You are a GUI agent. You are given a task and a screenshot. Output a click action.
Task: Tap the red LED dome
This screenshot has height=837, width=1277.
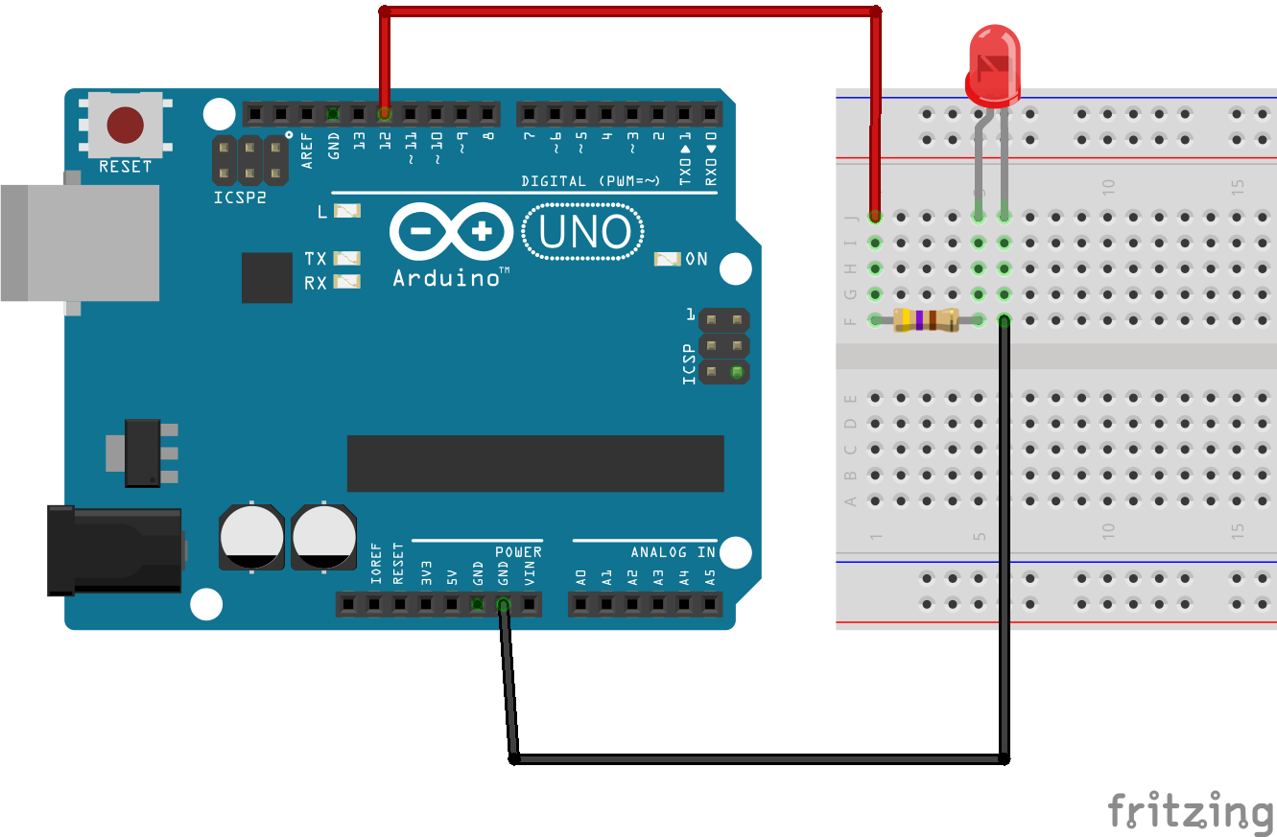point(994,63)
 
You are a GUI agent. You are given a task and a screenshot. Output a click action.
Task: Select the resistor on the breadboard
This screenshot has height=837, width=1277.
point(925,320)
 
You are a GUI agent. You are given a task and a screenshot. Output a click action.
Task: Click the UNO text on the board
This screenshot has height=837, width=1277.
point(583,233)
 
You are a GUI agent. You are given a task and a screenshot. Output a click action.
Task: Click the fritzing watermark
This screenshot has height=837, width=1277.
point(1190,812)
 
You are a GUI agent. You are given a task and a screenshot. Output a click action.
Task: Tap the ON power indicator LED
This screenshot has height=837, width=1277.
point(668,259)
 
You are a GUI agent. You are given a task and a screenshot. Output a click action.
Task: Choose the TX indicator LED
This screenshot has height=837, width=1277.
point(346,259)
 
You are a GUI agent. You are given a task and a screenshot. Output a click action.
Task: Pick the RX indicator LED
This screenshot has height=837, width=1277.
point(346,282)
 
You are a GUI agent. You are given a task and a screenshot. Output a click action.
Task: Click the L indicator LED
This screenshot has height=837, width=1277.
point(346,211)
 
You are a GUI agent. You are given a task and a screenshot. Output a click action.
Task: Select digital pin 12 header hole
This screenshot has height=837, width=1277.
point(385,114)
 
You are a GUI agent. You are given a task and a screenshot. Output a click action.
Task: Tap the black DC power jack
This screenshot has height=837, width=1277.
point(115,550)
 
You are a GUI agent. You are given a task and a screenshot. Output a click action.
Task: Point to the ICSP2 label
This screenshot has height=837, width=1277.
point(239,198)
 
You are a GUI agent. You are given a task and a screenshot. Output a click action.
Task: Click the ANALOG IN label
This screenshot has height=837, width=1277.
point(673,552)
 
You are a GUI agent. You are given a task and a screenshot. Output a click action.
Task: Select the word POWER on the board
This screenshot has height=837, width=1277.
point(518,552)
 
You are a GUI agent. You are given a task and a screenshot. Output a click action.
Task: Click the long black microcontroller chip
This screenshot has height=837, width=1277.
point(535,463)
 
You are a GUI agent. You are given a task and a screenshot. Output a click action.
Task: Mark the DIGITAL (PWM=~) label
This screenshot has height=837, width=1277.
point(590,180)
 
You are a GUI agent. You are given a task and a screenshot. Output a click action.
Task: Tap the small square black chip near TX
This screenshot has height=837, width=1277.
point(267,278)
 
